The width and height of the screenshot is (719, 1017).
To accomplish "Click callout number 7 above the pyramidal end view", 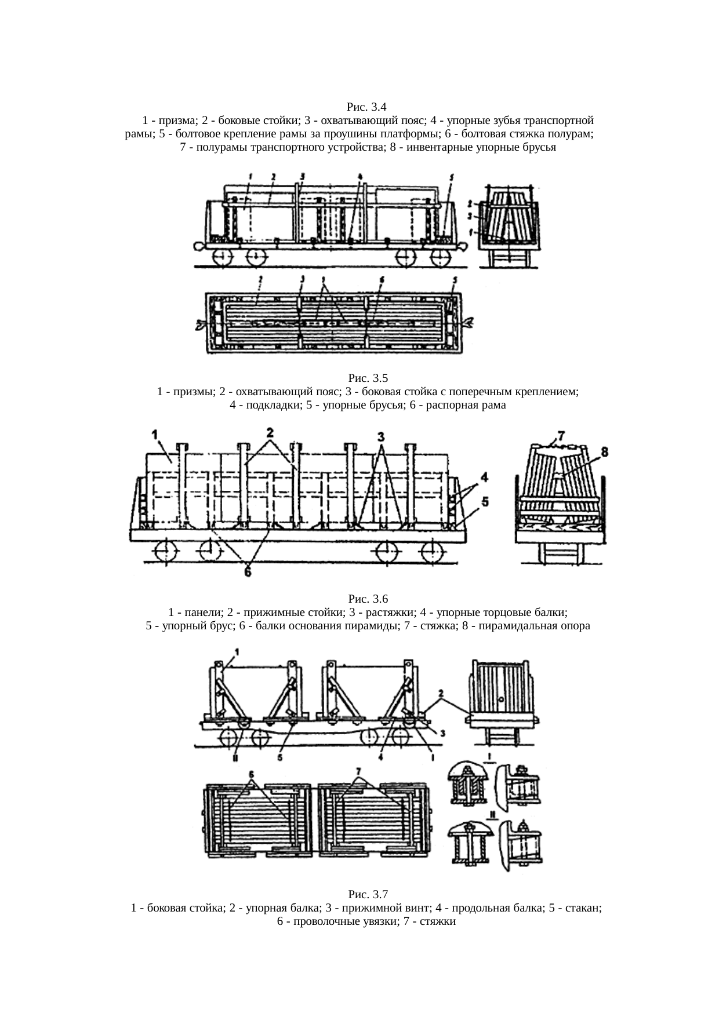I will (x=561, y=434).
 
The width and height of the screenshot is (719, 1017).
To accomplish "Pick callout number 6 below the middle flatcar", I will (x=248, y=571).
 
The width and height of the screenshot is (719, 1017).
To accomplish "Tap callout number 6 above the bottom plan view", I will (x=251, y=774).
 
